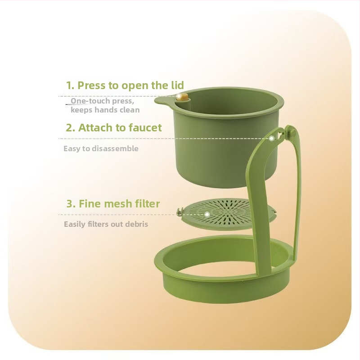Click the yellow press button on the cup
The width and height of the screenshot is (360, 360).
tap(183, 97)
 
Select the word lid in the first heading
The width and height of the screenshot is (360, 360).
tap(178, 85)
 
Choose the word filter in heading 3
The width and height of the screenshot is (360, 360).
tap(146, 203)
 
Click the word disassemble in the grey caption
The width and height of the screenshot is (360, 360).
tap(115, 148)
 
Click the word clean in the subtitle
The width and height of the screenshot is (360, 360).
tap(130, 110)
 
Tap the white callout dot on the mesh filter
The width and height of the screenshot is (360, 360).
tap(207, 215)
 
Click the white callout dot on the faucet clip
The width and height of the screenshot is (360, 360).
tap(272, 139)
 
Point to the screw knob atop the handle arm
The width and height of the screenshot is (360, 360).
tap(288, 133)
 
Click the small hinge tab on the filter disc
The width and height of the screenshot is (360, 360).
tap(180, 211)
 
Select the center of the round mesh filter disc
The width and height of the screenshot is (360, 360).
tap(227, 213)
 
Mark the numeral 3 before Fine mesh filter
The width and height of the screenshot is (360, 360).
tap(69, 204)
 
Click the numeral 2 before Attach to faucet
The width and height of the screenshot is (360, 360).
tap(69, 128)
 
